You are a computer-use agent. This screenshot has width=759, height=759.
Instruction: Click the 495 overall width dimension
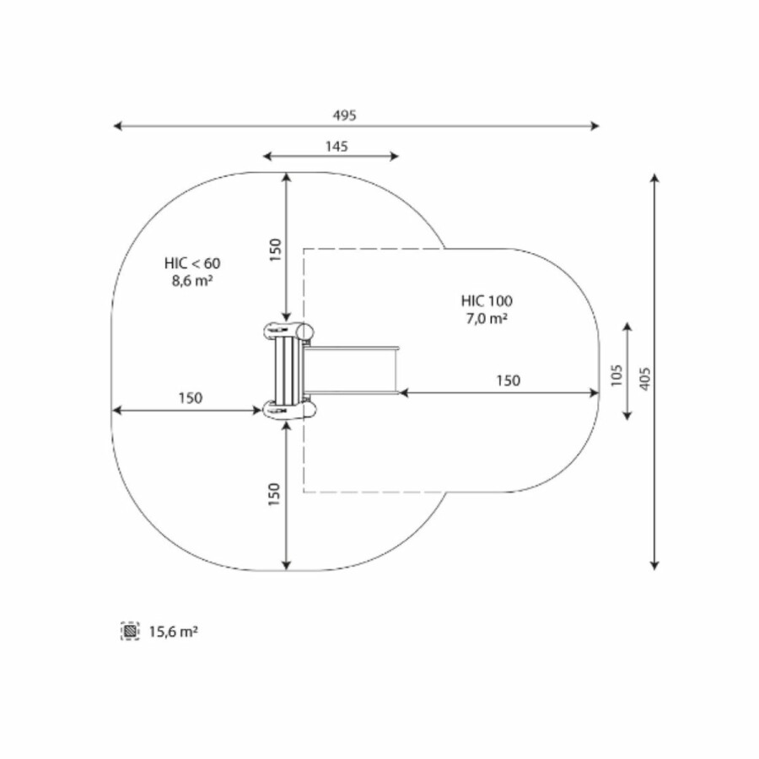click(x=345, y=116)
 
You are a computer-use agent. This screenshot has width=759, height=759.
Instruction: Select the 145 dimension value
click(x=336, y=146)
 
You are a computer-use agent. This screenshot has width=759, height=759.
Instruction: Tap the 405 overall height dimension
click(x=645, y=379)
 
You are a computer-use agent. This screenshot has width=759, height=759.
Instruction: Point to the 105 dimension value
click(x=616, y=375)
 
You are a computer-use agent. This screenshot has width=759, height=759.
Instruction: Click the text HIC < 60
click(x=192, y=263)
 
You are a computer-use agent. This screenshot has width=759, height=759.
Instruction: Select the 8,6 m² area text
click(x=192, y=281)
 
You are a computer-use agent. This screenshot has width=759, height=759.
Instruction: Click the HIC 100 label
click(x=487, y=301)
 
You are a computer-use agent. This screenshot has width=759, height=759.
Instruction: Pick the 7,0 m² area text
click(x=487, y=319)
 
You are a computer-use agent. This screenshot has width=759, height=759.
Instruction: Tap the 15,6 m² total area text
click(x=173, y=632)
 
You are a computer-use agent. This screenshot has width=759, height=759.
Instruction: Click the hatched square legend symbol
click(x=130, y=631)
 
